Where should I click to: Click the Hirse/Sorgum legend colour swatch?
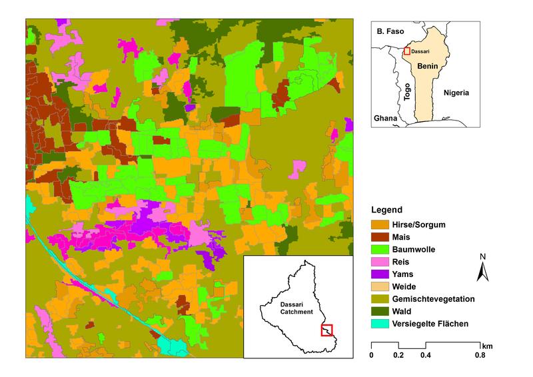point(380,224)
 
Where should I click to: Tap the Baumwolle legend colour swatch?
point(380,249)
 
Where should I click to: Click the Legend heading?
point(387,209)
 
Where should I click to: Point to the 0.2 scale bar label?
point(398,356)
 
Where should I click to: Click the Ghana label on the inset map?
point(385,118)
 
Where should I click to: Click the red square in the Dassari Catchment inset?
point(326,330)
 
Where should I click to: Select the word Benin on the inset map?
point(428,67)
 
